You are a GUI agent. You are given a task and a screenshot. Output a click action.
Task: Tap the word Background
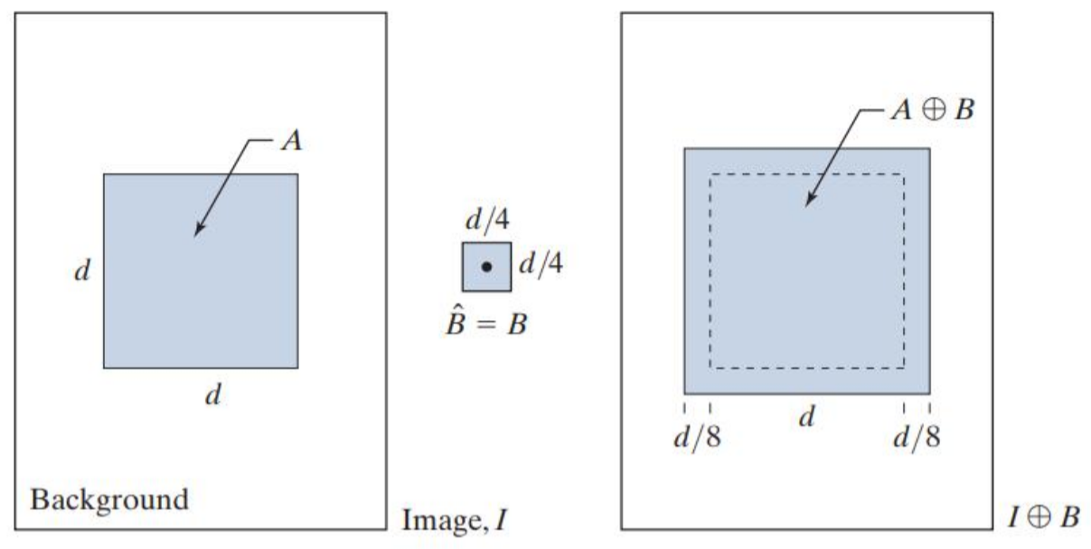(x=110, y=499)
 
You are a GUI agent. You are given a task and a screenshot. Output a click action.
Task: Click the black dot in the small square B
(x=486, y=267)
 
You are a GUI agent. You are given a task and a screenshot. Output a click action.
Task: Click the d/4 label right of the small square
(x=541, y=266)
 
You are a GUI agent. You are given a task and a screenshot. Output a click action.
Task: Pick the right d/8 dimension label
(x=917, y=439)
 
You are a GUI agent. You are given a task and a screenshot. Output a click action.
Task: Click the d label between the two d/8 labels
(x=808, y=418)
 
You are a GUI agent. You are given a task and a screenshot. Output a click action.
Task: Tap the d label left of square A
(x=80, y=271)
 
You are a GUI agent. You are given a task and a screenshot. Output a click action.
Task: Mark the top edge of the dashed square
(x=806, y=175)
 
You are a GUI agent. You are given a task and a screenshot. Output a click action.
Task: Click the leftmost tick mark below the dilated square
(x=684, y=409)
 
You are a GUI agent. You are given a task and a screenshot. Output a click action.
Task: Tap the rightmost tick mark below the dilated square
(x=929, y=409)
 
